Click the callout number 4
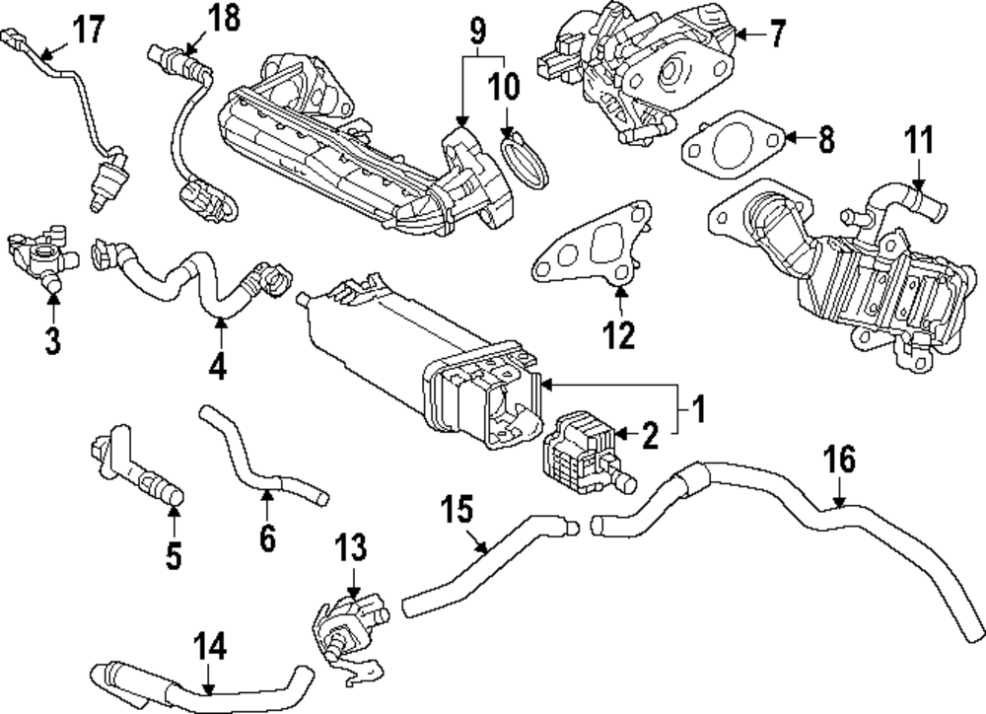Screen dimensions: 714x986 [217, 367]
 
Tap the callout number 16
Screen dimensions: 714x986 [840, 460]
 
